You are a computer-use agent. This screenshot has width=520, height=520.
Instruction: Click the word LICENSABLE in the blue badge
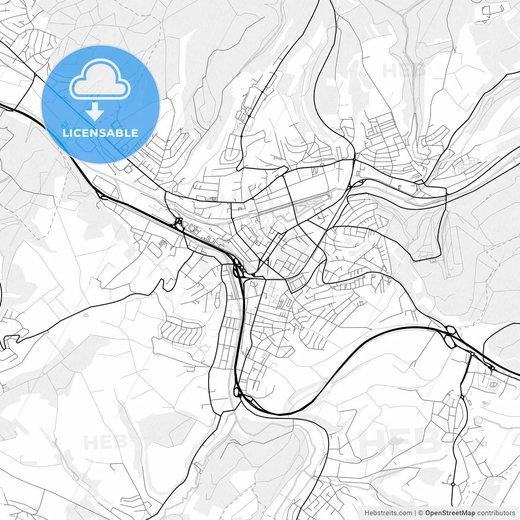click(100, 133)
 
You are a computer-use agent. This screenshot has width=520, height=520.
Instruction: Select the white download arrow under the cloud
click(95, 111)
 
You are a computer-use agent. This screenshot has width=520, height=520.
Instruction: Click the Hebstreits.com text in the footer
click(388, 513)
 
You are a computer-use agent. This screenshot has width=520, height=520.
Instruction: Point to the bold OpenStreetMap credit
click(450, 513)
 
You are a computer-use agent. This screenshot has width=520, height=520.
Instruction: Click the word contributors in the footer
click(496, 513)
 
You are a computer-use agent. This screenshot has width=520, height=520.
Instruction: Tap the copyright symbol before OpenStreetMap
click(421, 513)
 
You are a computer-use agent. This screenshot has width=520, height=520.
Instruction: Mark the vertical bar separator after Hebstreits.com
click(415, 513)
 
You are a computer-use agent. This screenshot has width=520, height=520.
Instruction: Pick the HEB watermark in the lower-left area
click(102, 442)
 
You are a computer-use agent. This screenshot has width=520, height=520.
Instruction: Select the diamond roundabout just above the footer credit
click(453, 484)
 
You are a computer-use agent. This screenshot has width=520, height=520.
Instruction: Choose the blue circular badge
click(100, 104)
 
